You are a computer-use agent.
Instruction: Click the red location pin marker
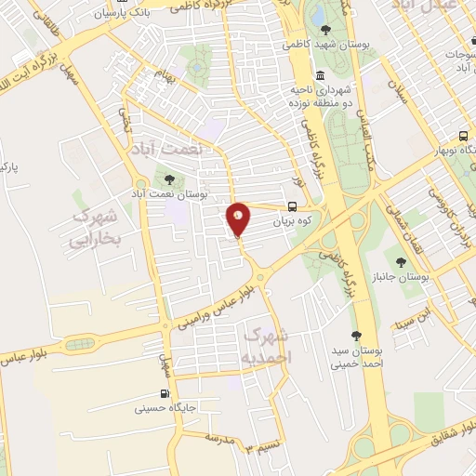tap(239, 219)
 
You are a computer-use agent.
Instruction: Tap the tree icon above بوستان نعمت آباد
tap(168, 179)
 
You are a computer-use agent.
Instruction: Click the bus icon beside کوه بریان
tap(292, 207)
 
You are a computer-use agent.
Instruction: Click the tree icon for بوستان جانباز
tap(401, 262)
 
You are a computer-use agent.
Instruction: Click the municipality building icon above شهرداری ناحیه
tap(320, 75)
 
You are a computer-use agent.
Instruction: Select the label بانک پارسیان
tap(128, 13)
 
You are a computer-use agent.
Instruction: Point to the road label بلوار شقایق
tap(442, 437)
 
